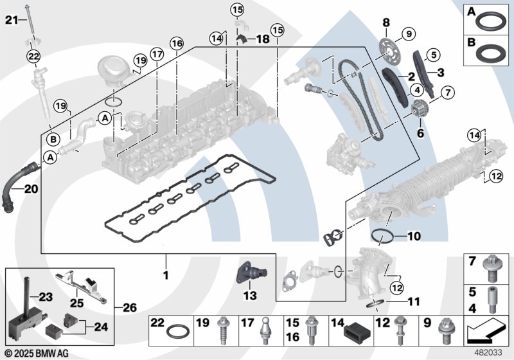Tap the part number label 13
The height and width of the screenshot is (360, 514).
(x=250, y=296)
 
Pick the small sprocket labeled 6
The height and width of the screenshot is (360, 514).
(x=418, y=109)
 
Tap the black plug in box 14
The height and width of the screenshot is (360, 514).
(x=357, y=333)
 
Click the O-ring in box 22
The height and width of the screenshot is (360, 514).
(x=178, y=332)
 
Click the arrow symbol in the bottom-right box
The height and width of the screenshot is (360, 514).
(x=485, y=332)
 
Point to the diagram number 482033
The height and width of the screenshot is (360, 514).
(x=488, y=353)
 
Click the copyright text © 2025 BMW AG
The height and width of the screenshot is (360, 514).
(x=37, y=353)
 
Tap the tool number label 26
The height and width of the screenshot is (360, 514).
(x=130, y=307)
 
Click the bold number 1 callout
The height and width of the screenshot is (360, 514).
(x=166, y=274)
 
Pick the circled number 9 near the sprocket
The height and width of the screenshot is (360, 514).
(x=409, y=33)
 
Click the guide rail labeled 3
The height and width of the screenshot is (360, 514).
(x=423, y=73)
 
